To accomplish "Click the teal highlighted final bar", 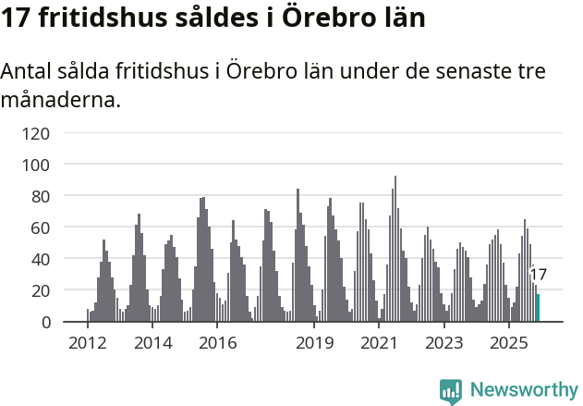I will point(538,308).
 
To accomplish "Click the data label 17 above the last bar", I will point(538,275).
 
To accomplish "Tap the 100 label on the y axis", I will point(35,165).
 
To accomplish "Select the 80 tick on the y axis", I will point(40,196).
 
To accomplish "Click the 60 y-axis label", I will point(40,228).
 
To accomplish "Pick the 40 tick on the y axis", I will point(40,259).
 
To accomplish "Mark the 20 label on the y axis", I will point(40,290).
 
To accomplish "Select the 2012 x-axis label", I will point(88,343).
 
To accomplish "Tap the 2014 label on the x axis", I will point(152,343).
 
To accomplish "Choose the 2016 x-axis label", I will point(217,343).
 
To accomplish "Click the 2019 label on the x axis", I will point(314,343).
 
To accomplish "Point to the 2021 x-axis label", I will point(379,343).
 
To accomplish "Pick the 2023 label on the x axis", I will point(443,343).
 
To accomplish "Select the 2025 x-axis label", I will point(507,343).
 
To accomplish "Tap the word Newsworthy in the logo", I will point(523,390).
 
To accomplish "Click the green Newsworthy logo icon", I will point(451,391).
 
